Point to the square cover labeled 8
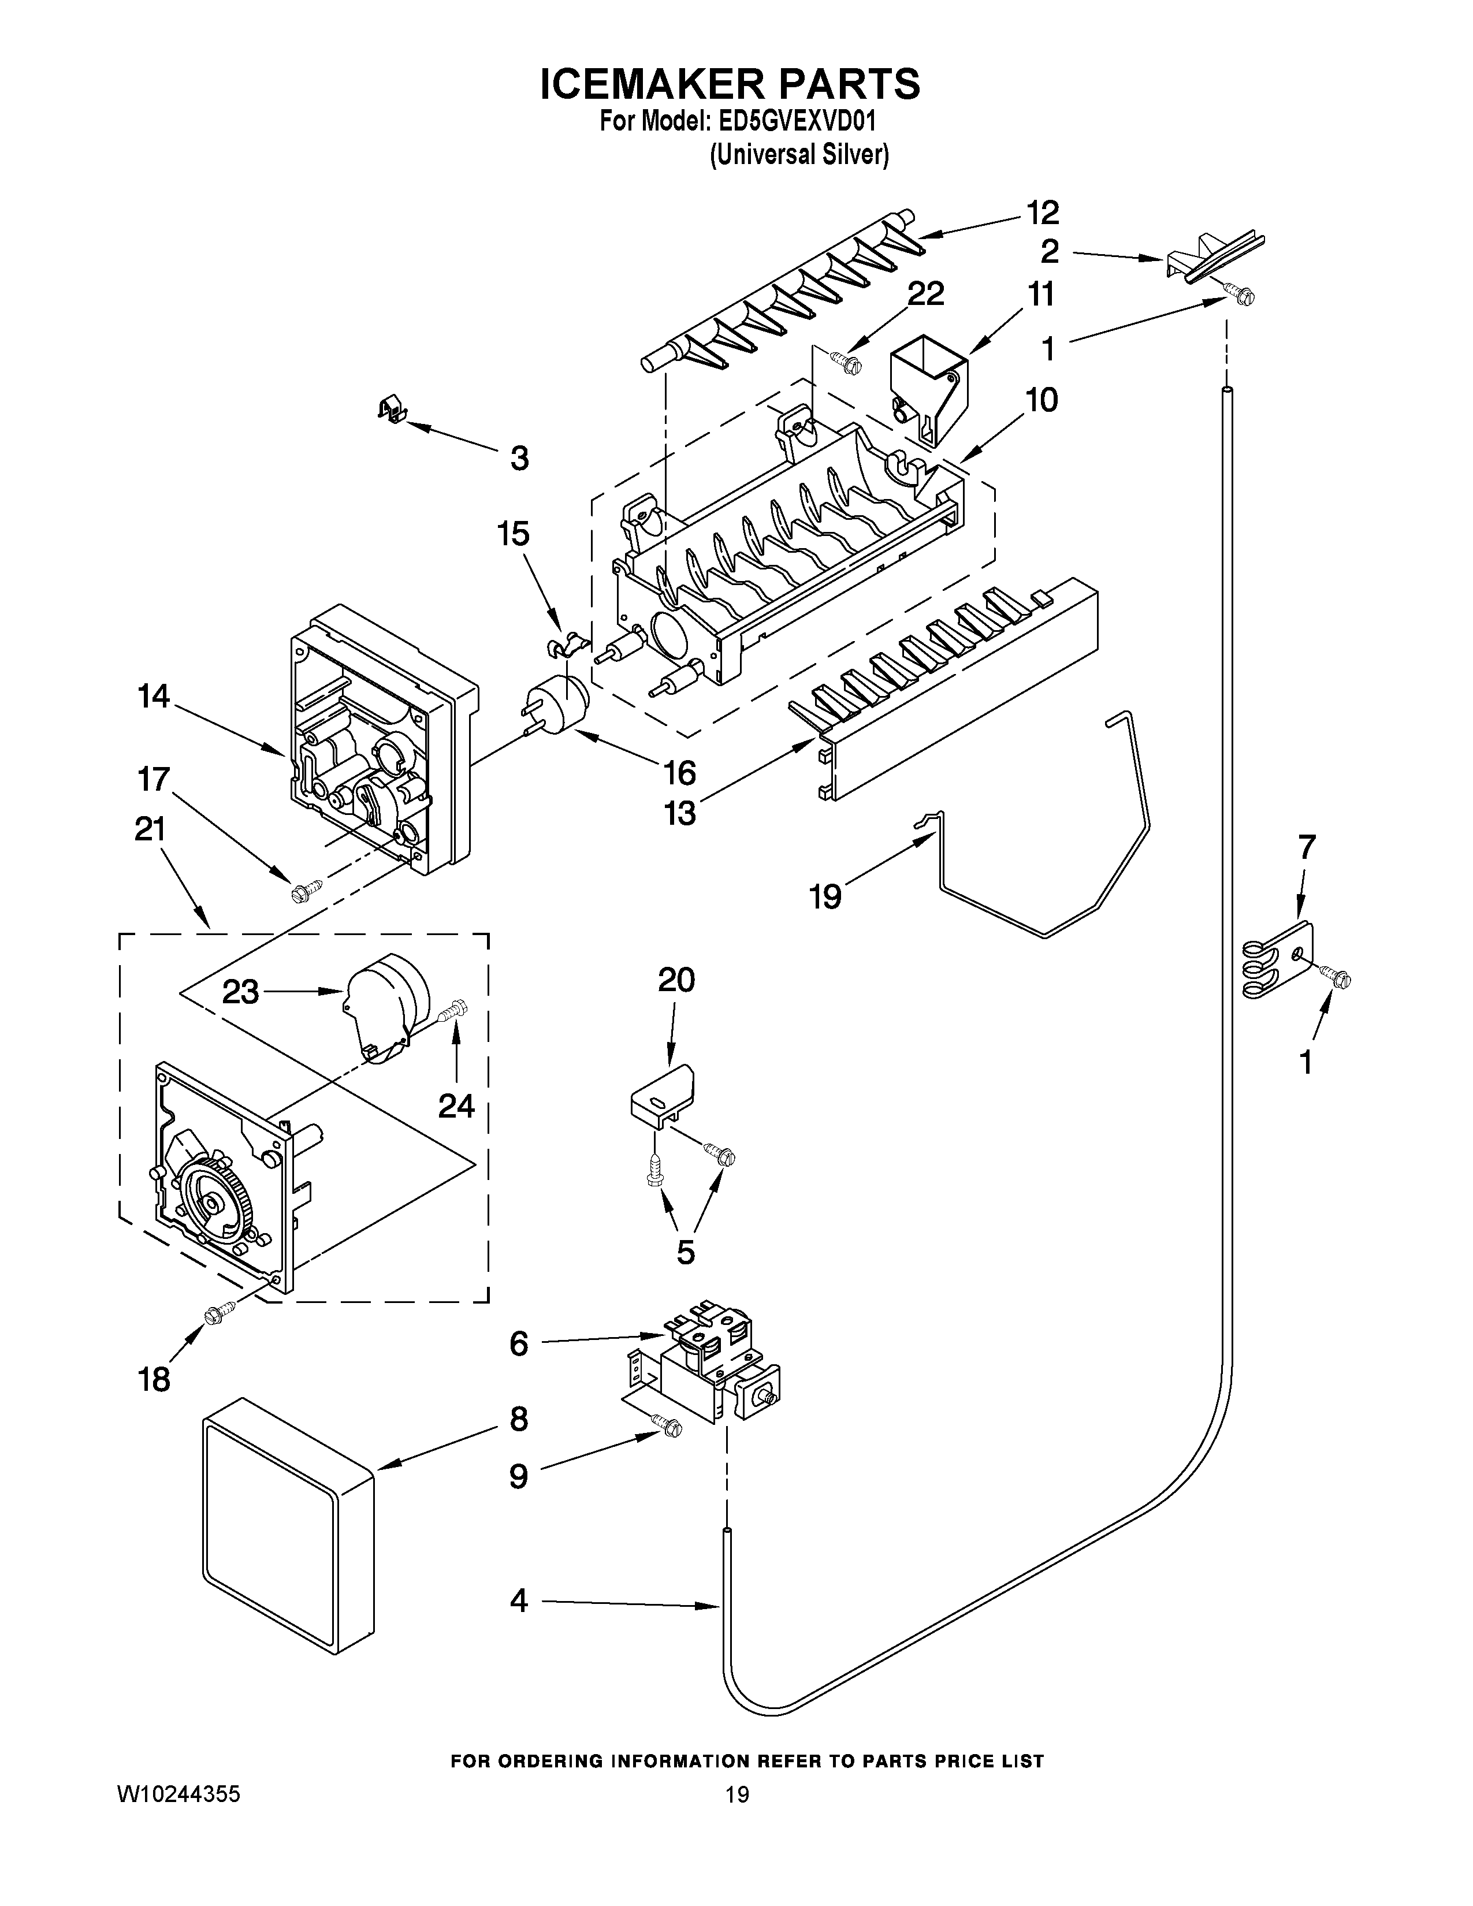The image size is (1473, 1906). [288, 1536]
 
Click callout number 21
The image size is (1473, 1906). [150, 828]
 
